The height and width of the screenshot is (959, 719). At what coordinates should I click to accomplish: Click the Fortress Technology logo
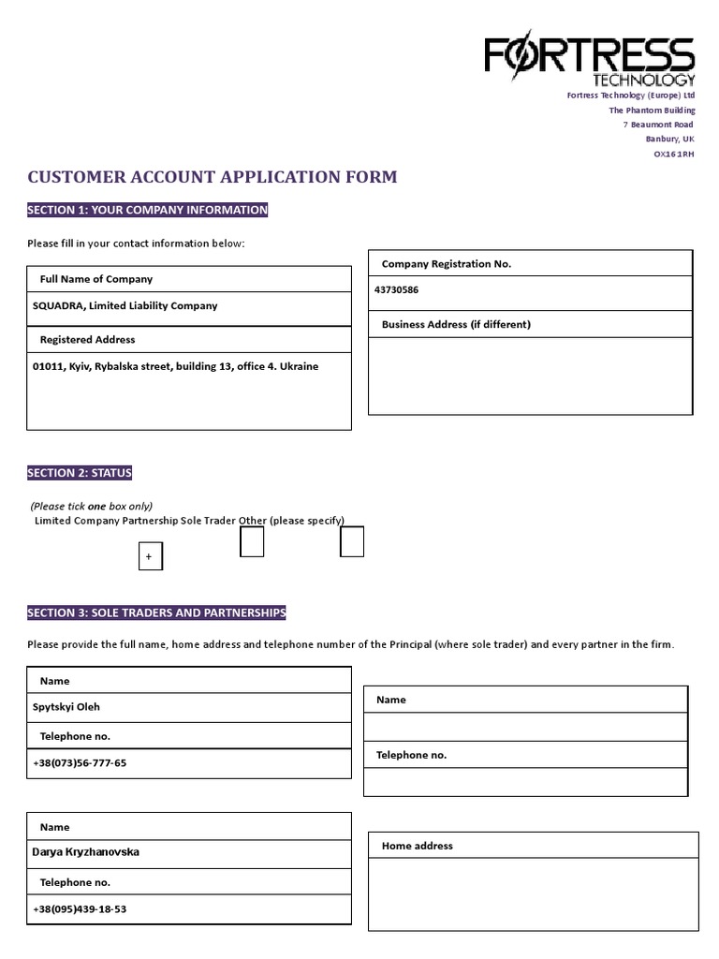[x=589, y=61]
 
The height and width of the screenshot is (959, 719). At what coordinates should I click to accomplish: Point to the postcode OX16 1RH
[x=673, y=155]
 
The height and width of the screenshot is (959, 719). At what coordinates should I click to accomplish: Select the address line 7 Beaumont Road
[x=658, y=125]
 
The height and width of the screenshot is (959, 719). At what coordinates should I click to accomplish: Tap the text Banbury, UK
[x=668, y=140]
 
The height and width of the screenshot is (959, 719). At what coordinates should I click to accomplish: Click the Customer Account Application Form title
[x=213, y=177]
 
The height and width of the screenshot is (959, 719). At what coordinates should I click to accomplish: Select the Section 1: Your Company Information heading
[x=148, y=210]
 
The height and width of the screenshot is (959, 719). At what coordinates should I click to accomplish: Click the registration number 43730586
[x=397, y=290]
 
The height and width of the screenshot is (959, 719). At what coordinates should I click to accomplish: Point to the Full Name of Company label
[x=95, y=279]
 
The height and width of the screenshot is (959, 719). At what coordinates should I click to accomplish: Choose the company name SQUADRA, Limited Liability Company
[x=125, y=305]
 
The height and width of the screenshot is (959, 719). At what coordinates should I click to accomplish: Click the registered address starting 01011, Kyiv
[x=175, y=366]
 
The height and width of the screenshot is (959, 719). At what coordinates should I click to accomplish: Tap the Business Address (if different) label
[x=456, y=324]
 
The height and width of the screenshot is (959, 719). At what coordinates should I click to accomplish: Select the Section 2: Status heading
[x=80, y=473]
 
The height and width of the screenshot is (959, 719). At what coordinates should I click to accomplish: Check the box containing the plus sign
[x=150, y=556]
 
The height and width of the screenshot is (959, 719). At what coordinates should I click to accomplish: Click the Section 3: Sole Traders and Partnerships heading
[x=156, y=612]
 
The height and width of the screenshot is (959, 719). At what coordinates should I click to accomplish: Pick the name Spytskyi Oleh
[x=66, y=707]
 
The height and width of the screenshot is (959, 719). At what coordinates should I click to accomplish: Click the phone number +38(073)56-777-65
[x=80, y=763]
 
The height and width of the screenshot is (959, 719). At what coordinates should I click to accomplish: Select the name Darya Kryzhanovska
[x=86, y=852]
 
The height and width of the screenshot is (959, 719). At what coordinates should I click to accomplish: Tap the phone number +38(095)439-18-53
[x=80, y=909]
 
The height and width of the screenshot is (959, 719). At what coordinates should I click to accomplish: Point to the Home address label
[x=417, y=846]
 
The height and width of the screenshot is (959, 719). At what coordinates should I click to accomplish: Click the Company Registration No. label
[x=447, y=264]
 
